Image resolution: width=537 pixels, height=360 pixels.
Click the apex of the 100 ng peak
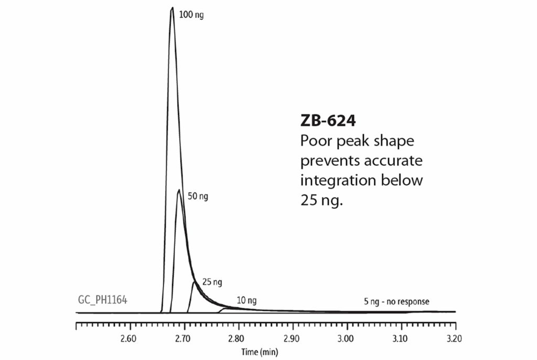click(172, 8)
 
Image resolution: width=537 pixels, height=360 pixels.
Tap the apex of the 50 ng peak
click(179, 190)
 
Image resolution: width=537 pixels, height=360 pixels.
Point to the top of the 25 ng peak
click(195, 282)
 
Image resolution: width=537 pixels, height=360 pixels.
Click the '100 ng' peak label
click(191, 15)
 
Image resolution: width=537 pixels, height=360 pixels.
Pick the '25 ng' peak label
click(212, 282)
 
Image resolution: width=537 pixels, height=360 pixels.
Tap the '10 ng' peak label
click(246, 301)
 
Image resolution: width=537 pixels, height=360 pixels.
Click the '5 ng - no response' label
click(396, 302)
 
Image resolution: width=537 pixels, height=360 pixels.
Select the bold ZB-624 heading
click(328, 121)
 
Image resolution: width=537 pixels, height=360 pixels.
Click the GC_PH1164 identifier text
click(99, 300)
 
